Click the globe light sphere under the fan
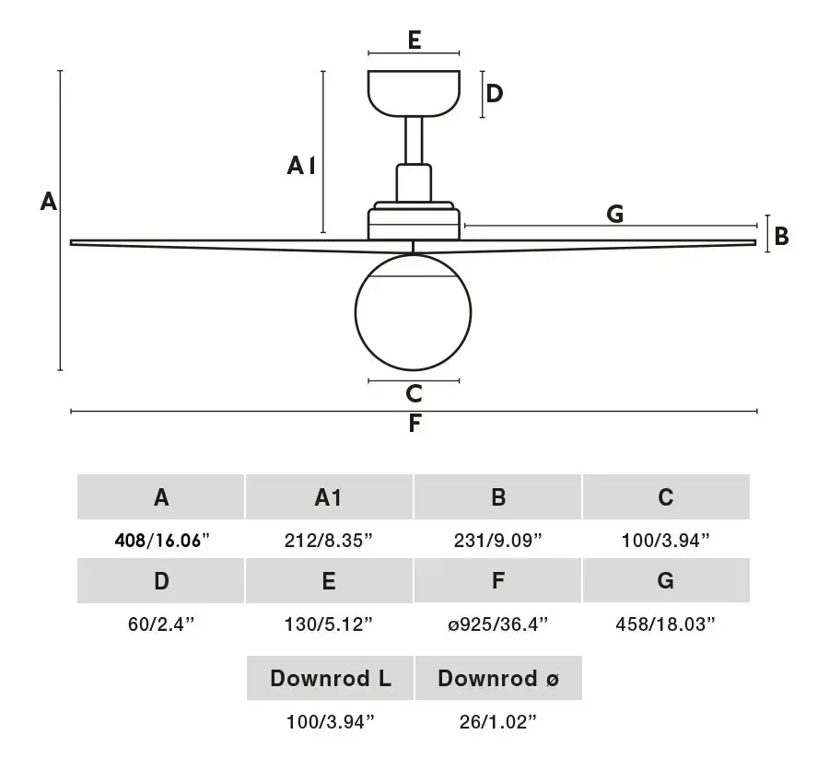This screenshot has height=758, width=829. click(x=413, y=312)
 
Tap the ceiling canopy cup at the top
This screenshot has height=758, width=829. click(x=414, y=93)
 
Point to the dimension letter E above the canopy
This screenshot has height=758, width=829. click(x=414, y=41)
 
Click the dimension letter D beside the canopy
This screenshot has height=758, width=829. click(x=495, y=94)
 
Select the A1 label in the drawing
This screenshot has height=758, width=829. click(x=301, y=166)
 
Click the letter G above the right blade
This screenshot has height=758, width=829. click(x=615, y=214)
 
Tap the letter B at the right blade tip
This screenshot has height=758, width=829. click(x=781, y=237)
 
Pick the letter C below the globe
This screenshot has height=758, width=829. click(x=414, y=394)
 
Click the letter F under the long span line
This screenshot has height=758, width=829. click(x=415, y=424)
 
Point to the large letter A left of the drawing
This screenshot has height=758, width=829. click(x=49, y=202)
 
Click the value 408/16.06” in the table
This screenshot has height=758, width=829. click(x=162, y=541)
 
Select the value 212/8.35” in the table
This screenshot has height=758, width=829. click(x=328, y=541)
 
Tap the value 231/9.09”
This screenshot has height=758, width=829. click(x=497, y=541)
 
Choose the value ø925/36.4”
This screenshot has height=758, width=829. click(x=497, y=624)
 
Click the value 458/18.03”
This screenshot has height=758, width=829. click(x=665, y=624)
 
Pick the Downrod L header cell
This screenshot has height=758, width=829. click(x=330, y=678)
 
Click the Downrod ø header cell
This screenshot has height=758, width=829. click(x=498, y=678)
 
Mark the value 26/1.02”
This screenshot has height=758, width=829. click(x=497, y=721)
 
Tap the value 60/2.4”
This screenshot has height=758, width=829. click(x=161, y=624)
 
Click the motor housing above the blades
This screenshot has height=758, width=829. click(x=414, y=221)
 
